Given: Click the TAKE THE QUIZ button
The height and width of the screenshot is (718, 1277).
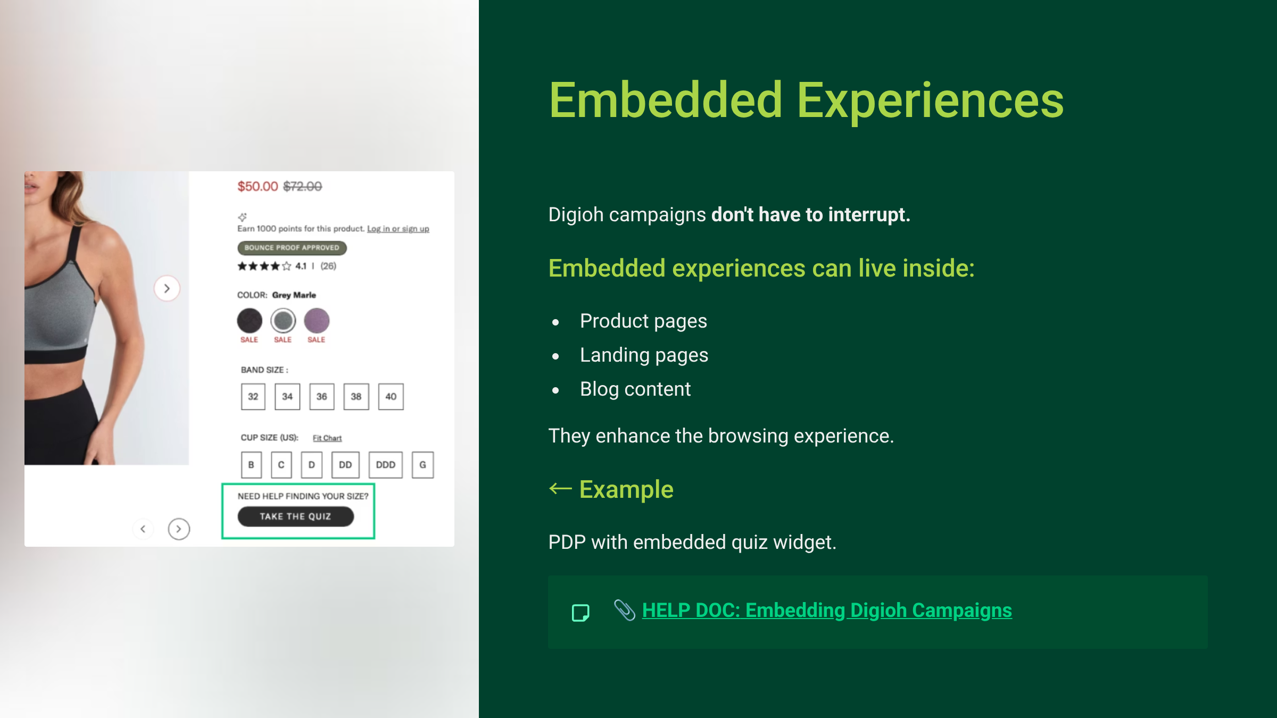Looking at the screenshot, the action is (x=296, y=516).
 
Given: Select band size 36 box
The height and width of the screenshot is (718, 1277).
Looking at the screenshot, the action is (x=322, y=397).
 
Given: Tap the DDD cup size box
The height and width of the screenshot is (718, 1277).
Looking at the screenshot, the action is (x=386, y=465).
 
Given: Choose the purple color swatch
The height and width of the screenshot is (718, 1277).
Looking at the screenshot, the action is (x=317, y=321).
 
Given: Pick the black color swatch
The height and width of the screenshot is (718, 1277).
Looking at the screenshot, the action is (x=250, y=321).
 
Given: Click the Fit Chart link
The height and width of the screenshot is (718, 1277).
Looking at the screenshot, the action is (x=327, y=438).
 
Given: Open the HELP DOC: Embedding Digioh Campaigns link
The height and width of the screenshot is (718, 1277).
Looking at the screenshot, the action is (x=827, y=611).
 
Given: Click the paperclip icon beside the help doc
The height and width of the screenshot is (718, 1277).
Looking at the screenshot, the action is (x=625, y=610).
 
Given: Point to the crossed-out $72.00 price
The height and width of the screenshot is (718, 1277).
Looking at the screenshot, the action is (x=303, y=187).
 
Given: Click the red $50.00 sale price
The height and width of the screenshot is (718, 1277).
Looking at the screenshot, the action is (x=258, y=187).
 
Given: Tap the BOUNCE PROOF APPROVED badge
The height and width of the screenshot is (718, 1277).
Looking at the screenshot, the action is (x=292, y=248).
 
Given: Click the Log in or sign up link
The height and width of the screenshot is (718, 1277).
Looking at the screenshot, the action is (x=398, y=229).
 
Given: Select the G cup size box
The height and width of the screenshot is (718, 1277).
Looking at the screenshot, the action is (x=423, y=465).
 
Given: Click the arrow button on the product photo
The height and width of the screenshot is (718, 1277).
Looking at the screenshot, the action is (x=167, y=288).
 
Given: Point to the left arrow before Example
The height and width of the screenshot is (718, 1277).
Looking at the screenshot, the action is (x=560, y=488).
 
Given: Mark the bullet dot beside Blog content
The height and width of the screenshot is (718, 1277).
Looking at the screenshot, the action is (x=555, y=390).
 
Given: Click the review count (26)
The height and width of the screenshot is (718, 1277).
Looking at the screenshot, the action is (x=328, y=266).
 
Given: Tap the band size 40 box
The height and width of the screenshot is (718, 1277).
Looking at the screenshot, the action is (x=391, y=397).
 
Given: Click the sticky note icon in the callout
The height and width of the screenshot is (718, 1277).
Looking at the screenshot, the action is (x=581, y=613).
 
